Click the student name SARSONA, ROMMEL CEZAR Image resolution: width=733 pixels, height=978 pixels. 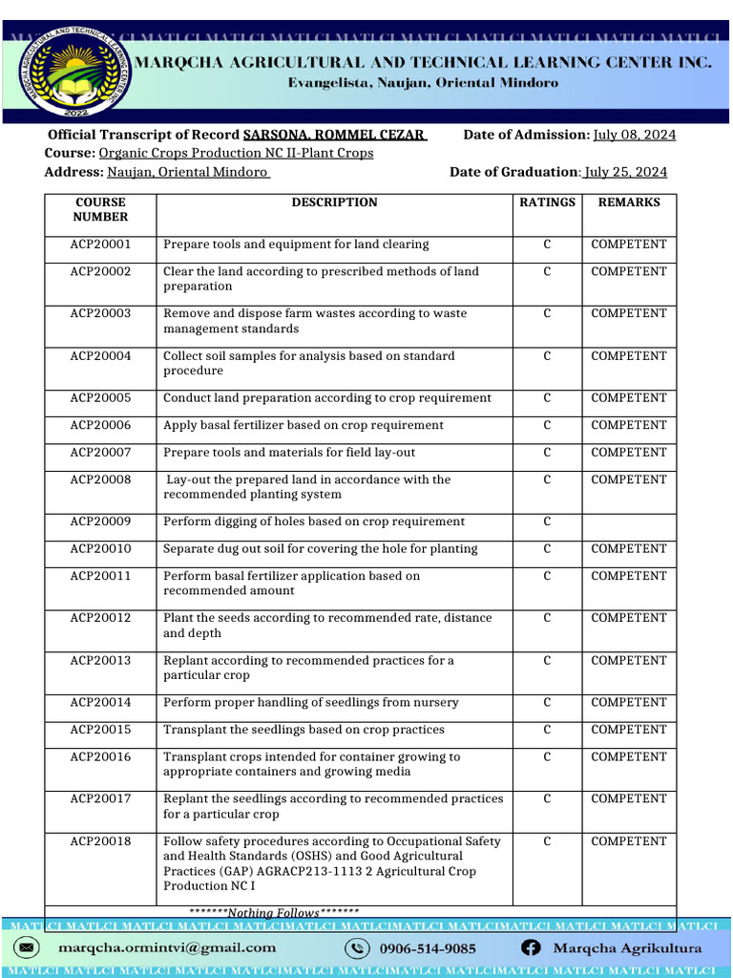coord(334,135)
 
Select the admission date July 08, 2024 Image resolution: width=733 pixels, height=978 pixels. coord(634,135)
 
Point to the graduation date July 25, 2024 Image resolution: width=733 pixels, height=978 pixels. coord(625,172)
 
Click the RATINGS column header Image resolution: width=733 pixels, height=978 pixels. coord(547,202)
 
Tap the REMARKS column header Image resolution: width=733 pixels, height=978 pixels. coord(628,202)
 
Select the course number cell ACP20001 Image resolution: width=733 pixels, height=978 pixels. coord(100,244)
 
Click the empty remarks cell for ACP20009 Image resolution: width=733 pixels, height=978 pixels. coord(628,522)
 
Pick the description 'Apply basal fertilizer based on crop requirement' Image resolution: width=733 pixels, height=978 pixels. coord(304,425)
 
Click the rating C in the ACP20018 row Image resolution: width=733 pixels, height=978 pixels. coord(547,841)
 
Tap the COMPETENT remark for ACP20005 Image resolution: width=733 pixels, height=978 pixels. coord(628,398)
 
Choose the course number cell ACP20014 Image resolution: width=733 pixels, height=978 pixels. coord(100,703)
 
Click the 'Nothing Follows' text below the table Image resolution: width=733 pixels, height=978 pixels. coord(274,913)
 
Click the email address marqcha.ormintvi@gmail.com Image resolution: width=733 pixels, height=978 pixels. coord(167,948)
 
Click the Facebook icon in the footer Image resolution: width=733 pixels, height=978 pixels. coord(532,948)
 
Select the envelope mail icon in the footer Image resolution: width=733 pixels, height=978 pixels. coord(27,948)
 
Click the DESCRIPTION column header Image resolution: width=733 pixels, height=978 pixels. coord(334,202)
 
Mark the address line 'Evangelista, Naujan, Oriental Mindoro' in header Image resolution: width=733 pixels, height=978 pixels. coord(423,83)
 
